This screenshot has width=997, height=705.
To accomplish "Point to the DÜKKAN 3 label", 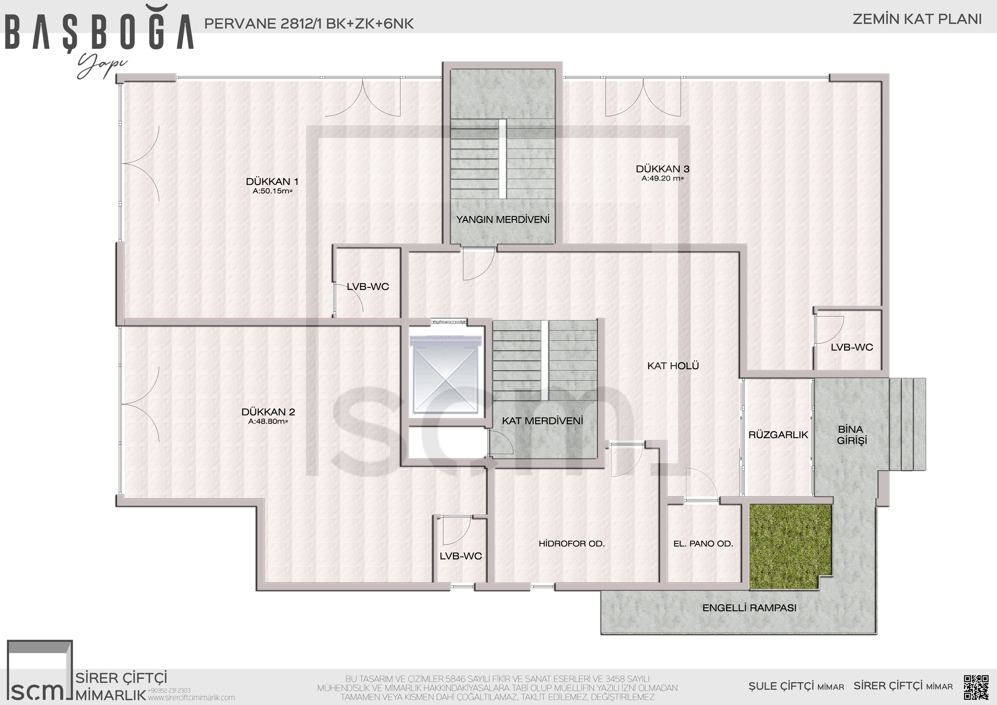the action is (663, 169).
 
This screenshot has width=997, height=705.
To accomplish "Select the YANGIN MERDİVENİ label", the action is (503, 219).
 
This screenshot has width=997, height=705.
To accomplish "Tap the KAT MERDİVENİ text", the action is (542, 421).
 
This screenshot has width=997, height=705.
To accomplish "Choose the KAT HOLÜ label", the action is (673, 366).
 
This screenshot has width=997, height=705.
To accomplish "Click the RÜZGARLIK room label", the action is (778, 434).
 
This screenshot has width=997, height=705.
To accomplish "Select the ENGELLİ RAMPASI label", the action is (749, 608).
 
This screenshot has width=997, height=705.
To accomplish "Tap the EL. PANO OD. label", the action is (703, 543).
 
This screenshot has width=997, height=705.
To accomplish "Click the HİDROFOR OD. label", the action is (571, 543).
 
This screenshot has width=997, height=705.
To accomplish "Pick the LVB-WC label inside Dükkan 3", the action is (852, 347).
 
